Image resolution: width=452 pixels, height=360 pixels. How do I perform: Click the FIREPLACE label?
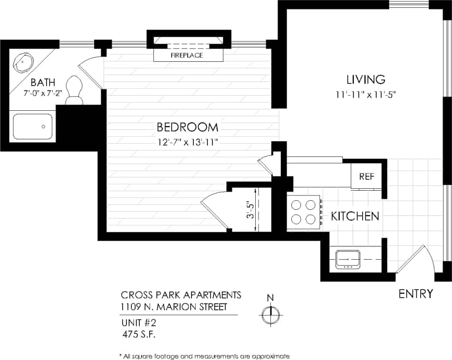187,55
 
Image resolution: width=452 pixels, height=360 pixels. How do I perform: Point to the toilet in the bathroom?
74,90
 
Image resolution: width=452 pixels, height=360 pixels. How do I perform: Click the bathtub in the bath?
32,126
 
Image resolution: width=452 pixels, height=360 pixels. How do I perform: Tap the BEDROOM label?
187,127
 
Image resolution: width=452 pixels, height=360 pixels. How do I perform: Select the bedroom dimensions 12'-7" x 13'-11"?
187,141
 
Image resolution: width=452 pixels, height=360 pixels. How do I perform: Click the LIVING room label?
365,79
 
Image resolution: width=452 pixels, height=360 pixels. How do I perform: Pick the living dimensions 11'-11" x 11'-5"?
365,94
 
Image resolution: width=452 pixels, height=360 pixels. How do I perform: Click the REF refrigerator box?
366,176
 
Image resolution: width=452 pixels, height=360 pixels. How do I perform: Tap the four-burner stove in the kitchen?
304,212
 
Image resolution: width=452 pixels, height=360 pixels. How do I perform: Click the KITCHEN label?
355,216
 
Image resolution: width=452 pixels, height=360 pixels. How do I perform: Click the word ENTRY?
415,294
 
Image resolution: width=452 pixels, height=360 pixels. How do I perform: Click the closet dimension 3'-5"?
248,209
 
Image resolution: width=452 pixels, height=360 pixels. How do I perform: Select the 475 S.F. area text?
139,334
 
